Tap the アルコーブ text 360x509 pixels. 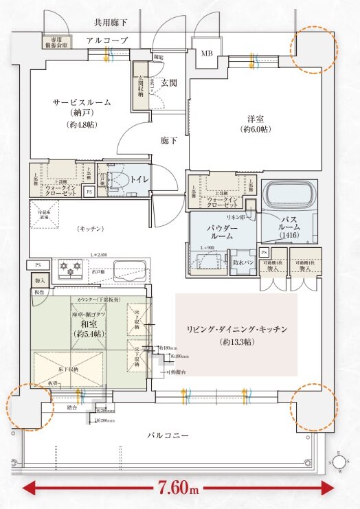pos(108,41)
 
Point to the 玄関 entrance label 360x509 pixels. pos(169,82)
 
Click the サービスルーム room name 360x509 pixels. pos(82,102)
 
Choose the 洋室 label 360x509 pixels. pos(254,117)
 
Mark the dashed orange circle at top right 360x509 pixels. pos(314,49)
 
